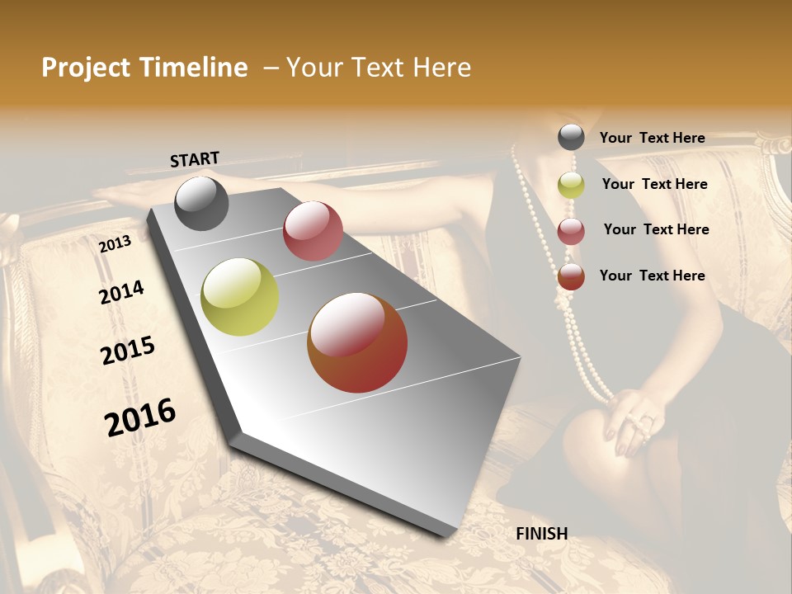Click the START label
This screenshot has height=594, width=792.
(195, 159)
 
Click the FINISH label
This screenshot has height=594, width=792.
(541, 534)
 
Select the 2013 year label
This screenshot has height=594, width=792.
(115, 243)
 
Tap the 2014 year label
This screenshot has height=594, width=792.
(121, 292)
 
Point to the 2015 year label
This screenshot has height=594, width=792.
(128, 351)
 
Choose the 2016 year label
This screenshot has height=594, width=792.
(140, 417)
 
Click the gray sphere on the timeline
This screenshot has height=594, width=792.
(201, 203)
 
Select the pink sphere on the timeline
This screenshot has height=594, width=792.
(313, 231)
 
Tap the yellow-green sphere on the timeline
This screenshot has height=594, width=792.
(239, 297)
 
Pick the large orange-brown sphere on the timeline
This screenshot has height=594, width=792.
(357, 342)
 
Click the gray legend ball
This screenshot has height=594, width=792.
(571, 137)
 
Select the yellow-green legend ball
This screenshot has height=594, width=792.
(571, 185)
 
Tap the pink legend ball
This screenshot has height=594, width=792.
(571, 231)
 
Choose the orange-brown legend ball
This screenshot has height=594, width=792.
(571, 276)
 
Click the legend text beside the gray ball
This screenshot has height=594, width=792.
(652, 138)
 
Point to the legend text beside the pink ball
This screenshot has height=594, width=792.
(656, 229)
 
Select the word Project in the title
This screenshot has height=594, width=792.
(85, 68)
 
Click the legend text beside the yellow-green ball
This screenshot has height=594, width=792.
(654, 184)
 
